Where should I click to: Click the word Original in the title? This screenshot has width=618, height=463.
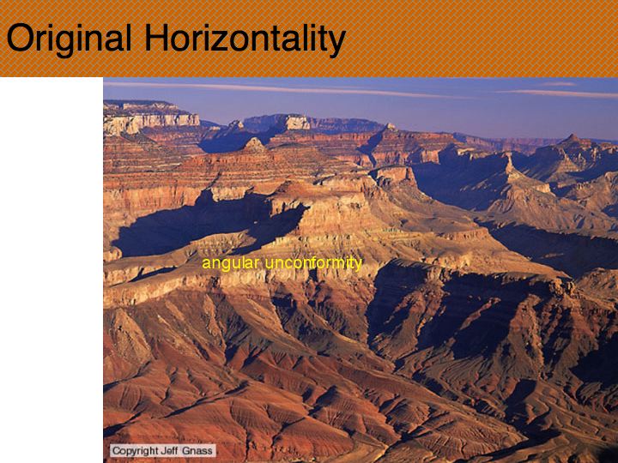70,39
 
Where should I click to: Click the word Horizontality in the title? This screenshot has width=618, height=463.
245,39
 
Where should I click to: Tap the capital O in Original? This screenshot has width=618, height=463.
19,38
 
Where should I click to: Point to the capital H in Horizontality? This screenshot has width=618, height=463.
156,38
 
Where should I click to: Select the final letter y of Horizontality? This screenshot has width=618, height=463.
336,44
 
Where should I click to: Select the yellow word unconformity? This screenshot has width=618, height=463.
313,263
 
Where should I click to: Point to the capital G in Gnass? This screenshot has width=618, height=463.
184,451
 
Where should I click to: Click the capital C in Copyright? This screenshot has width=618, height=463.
116,451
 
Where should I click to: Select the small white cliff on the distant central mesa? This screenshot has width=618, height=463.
297,123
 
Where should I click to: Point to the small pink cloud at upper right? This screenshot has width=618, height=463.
559,84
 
